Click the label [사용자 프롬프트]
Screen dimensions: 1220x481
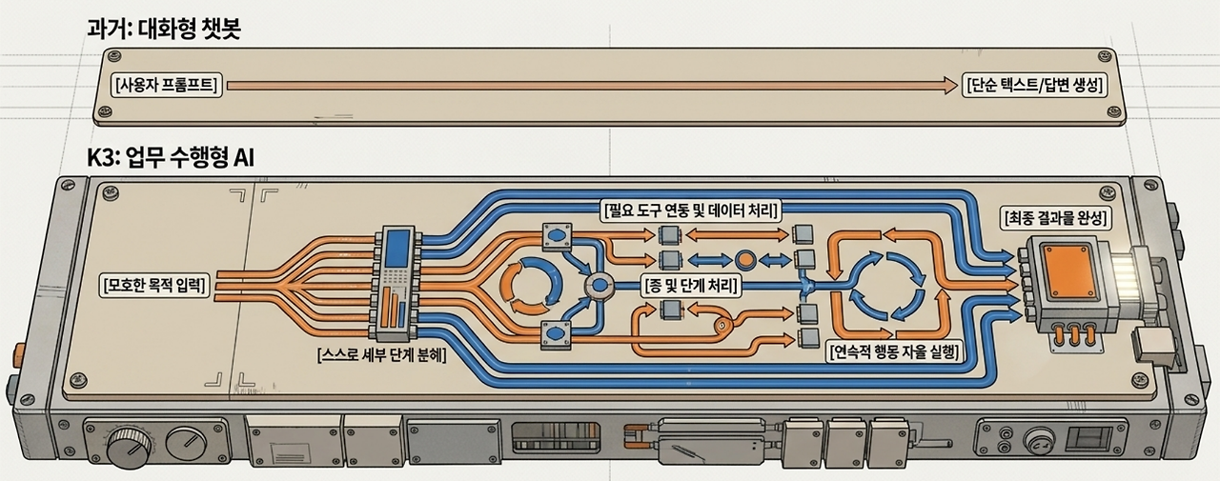coord(167,86)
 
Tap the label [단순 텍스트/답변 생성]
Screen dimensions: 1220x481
coord(1035,86)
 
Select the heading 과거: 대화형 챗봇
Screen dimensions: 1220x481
coord(164,29)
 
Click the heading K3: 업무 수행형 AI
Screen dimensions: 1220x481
coord(171,158)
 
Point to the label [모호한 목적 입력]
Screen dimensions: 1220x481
coord(154,285)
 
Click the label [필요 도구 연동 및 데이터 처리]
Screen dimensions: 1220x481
coord(691,210)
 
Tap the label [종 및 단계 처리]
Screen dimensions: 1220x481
coord(691,285)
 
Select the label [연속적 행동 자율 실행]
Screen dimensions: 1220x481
coord(893,351)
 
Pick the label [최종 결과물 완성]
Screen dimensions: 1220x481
coord(1055,218)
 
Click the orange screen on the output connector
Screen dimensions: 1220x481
coord(1064,271)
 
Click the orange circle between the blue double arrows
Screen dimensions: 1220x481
coord(744,260)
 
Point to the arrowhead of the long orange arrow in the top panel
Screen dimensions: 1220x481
coord(950,86)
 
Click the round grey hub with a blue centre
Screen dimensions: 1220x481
coord(600,285)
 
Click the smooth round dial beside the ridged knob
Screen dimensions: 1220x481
coord(186,445)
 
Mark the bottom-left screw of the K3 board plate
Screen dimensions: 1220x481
coord(78,378)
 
